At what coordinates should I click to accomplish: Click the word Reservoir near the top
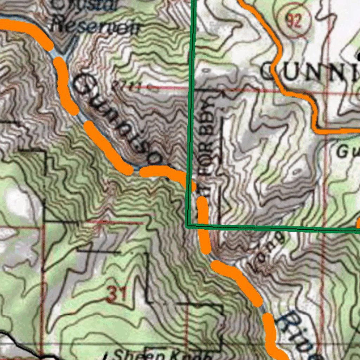(96, 26)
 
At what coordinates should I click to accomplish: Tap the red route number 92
(294, 22)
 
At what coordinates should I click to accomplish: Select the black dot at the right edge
(358, 56)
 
